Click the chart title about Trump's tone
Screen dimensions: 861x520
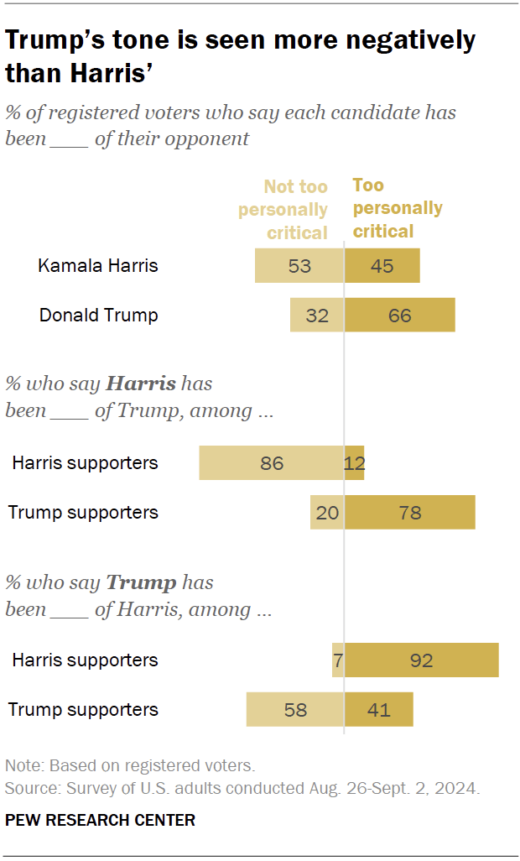coord(240,55)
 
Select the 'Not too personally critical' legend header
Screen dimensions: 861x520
coord(283,209)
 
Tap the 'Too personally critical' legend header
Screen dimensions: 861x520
coord(397,208)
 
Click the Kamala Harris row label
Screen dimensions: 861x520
coord(98,266)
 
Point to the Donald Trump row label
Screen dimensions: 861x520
coord(98,316)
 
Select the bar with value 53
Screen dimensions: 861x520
coord(299,266)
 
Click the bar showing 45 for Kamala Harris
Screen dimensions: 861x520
coord(382,266)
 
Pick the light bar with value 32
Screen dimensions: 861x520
coord(316,316)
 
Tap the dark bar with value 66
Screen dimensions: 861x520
coord(399,316)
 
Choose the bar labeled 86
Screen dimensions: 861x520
coord(271,463)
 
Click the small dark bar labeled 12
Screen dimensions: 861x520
coord(355,463)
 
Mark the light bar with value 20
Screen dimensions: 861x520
coord(326,513)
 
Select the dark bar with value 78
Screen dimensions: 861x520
coord(409,513)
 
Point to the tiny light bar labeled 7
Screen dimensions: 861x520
coord(337,660)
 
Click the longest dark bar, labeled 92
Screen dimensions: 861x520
coord(421,660)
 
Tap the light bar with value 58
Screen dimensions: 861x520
coord(294,710)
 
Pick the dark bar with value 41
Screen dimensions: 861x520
coord(378,710)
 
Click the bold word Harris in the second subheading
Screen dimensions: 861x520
coord(140,384)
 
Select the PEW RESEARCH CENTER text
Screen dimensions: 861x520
coord(100,820)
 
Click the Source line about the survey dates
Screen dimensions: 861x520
coord(242,789)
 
